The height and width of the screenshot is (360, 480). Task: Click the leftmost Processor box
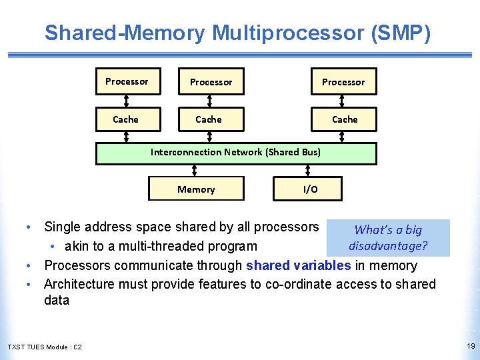[x=127, y=81]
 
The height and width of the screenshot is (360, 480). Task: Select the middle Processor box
[x=211, y=81]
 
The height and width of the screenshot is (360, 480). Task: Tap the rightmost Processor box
[x=343, y=81]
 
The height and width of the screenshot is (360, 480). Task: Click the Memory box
[x=196, y=189]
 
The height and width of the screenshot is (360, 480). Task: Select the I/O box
[x=309, y=189]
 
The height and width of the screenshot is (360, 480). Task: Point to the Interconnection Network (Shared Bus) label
[x=235, y=152]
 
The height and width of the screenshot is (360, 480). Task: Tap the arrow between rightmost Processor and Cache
[x=343, y=101]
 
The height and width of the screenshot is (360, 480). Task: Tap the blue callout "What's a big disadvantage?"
[x=388, y=238]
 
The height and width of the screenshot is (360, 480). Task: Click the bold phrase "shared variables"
[x=298, y=265]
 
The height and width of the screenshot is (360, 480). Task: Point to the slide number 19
[x=471, y=346]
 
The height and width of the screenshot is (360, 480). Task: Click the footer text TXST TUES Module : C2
[x=45, y=347]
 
